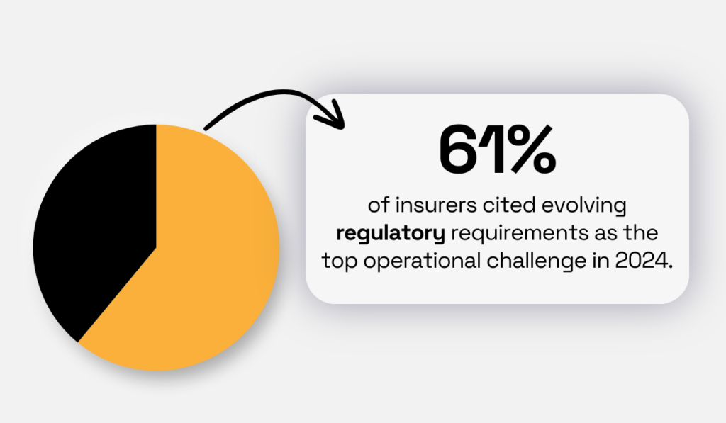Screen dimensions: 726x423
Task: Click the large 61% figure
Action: pos(497,149)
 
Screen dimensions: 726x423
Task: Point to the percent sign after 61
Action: pos(532,149)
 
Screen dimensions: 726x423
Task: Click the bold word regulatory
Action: pos(391,233)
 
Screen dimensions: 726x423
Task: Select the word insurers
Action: pos(436,205)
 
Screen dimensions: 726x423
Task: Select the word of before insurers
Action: pos(379,205)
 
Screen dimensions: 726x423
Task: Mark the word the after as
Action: pos(641,232)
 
